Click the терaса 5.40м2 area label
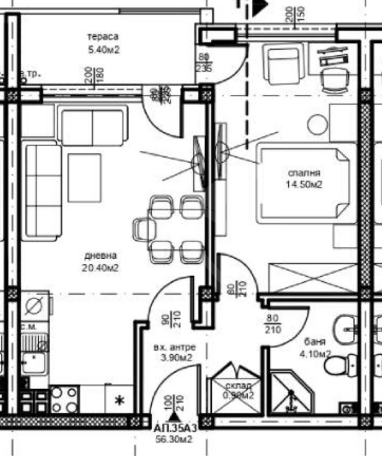pos(103,43)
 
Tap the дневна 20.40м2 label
pos(100,261)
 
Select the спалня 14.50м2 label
pos(304,179)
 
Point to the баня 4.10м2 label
pos(315,347)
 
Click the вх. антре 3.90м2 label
pos(175,352)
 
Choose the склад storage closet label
pos(238,386)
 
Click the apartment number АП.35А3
pos(175,428)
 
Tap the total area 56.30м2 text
pos(174,439)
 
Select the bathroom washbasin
pos(345,329)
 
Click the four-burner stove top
pos(64,400)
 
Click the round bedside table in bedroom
pos(318,124)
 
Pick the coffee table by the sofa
pos(85,178)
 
